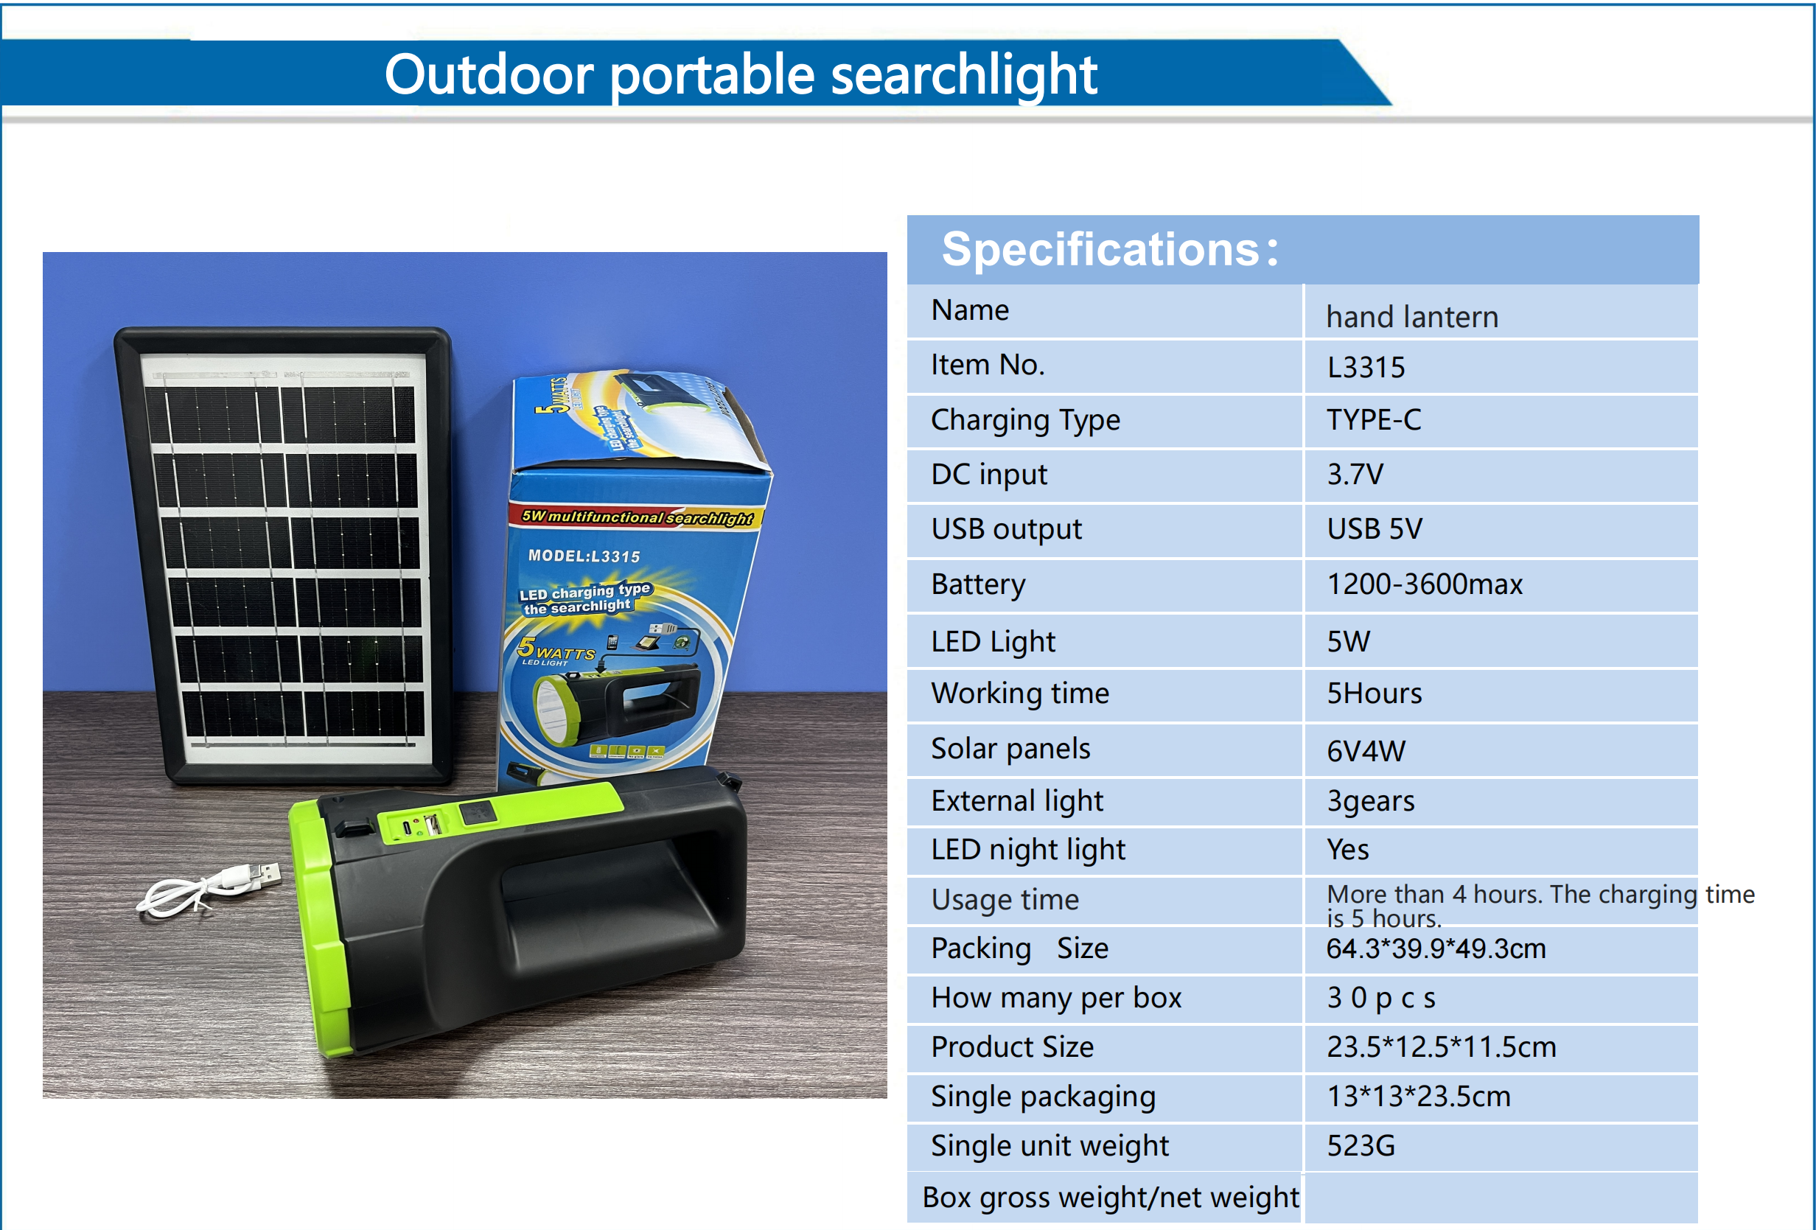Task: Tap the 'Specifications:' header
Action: (1110, 249)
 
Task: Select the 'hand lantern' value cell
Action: (1412, 316)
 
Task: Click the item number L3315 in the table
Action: (1366, 367)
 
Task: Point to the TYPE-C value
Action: (1374, 419)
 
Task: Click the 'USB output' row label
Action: (1006, 529)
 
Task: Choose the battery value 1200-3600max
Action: (1425, 584)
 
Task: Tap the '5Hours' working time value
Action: (1374, 693)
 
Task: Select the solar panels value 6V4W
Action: (1366, 751)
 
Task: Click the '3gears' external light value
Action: (1371, 801)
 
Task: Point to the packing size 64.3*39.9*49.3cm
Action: (1436, 948)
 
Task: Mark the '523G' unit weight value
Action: (1361, 1145)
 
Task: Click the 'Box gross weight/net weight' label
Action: (1110, 1197)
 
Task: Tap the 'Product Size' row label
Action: (1012, 1046)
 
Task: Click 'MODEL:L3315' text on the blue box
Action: (584, 556)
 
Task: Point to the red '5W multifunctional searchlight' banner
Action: (637, 517)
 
